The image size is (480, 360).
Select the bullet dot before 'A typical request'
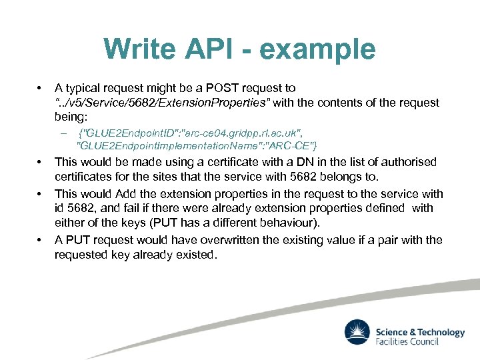coord(41,88)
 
